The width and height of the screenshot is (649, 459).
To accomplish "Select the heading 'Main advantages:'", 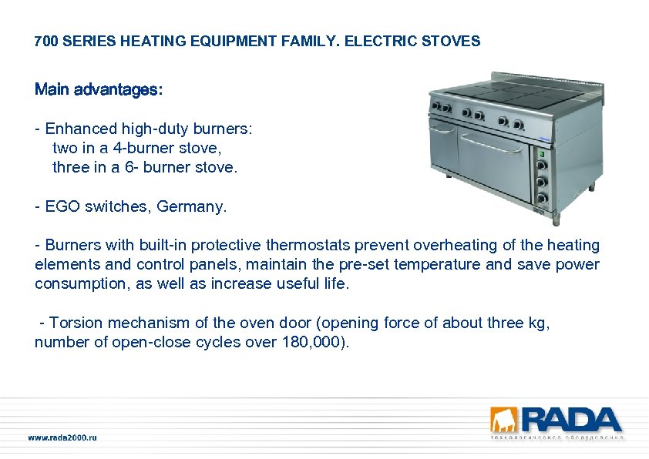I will point(99,90).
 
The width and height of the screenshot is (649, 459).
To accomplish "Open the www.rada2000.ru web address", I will point(62,438).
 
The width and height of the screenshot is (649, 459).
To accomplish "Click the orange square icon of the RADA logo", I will point(504,420).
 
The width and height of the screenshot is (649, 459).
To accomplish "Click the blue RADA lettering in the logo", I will point(571,420).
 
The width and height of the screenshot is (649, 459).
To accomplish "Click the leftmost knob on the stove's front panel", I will point(435,106).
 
